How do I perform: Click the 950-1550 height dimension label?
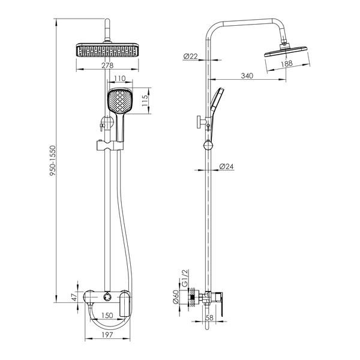[53, 161]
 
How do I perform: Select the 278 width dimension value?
[107, 65]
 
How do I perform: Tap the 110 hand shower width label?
[120, 79]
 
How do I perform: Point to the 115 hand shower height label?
[145, 100]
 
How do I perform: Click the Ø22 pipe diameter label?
[191, 56]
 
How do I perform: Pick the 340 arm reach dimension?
[247, 76]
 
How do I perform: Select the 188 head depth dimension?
[287, 64]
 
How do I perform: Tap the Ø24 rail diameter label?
[226, 166]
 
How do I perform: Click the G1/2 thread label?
[185, 278]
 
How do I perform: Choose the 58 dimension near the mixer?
[209, 318]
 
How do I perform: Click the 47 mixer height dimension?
[74, 297]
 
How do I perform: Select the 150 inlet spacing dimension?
[107, 315]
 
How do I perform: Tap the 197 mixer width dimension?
[107, 335]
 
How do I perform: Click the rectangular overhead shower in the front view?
[107, 50]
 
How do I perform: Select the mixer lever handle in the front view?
[125, 303]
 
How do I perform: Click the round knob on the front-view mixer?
[107, 296]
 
